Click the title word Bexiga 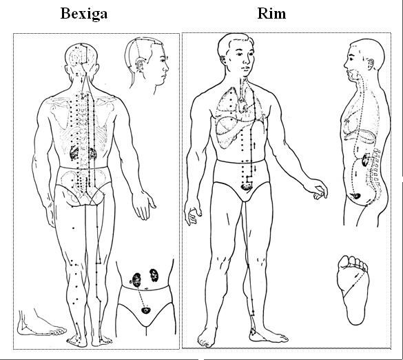point(84,14)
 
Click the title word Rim point(271,14)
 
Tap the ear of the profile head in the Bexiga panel point(140,66)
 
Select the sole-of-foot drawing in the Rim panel point(353,290)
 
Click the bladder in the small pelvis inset point(146,310)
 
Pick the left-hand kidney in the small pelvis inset point(136,280)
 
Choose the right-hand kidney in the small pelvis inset point(154,275)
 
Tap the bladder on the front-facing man point(247,186)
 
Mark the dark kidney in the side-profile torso point(365,160)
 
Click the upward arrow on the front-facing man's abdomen point(254,145)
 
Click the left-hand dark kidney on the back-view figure point(74,153)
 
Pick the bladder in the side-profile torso point(356,196)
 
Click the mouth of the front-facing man point(246,68)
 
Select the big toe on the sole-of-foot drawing point(344,261)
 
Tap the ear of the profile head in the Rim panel point(371,63)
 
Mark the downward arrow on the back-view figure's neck point(82,80)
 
